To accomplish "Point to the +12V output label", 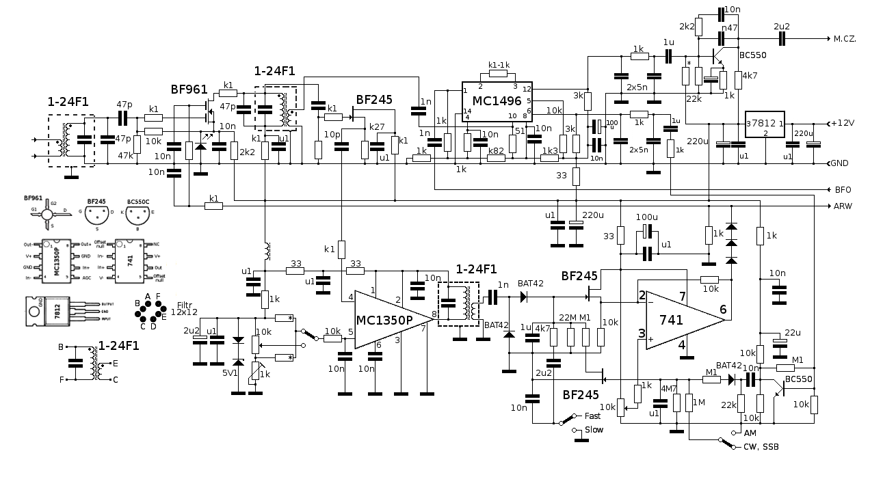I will tap(842, 123).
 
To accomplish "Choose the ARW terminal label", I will tap(843, 206).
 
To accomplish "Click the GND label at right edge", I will tap(840, 163).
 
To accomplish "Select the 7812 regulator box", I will tap(765, 125).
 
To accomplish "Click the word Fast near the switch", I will tap(593, 416).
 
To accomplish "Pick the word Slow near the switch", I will tap(594, 430).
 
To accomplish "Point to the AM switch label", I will tap(750, 433).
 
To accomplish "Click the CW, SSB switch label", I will tap(761, 447).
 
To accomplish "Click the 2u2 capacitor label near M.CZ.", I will tap(780, 27).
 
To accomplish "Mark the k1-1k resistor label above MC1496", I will tap(498, 66).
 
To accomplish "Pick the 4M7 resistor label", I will tap(669, 389).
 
